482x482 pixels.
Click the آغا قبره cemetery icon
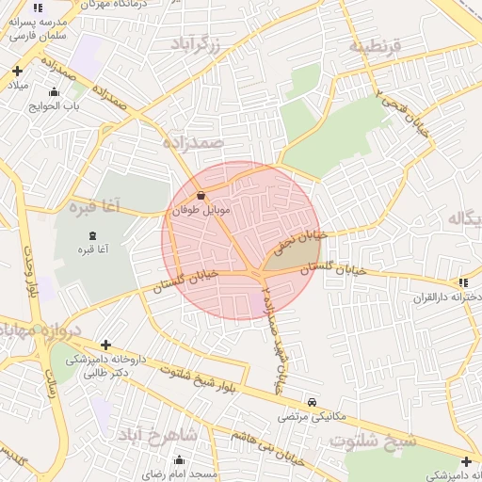(91, 236)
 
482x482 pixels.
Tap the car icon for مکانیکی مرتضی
(313, 401)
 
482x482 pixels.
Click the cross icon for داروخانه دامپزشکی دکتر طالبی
(105, 345)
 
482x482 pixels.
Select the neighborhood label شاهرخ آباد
(158, 435)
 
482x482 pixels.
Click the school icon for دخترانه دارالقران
(461, 282)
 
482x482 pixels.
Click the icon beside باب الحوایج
(54, 91)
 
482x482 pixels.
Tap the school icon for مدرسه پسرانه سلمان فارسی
(38, 8)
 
